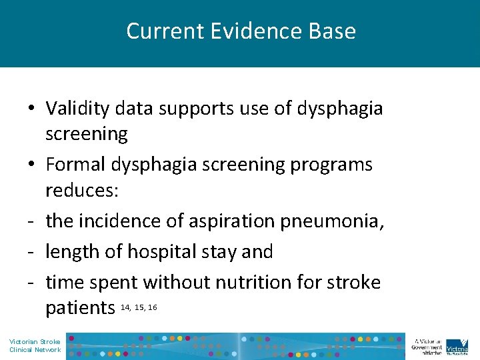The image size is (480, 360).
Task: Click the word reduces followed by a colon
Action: [x=82, y=191]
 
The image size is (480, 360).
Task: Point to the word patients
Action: [x=80, y=308]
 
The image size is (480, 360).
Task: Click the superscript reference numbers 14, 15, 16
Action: [x=139, y=307]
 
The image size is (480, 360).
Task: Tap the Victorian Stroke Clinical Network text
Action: [x=35, y=345]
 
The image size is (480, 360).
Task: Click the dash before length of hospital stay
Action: [x=31, y=252]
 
